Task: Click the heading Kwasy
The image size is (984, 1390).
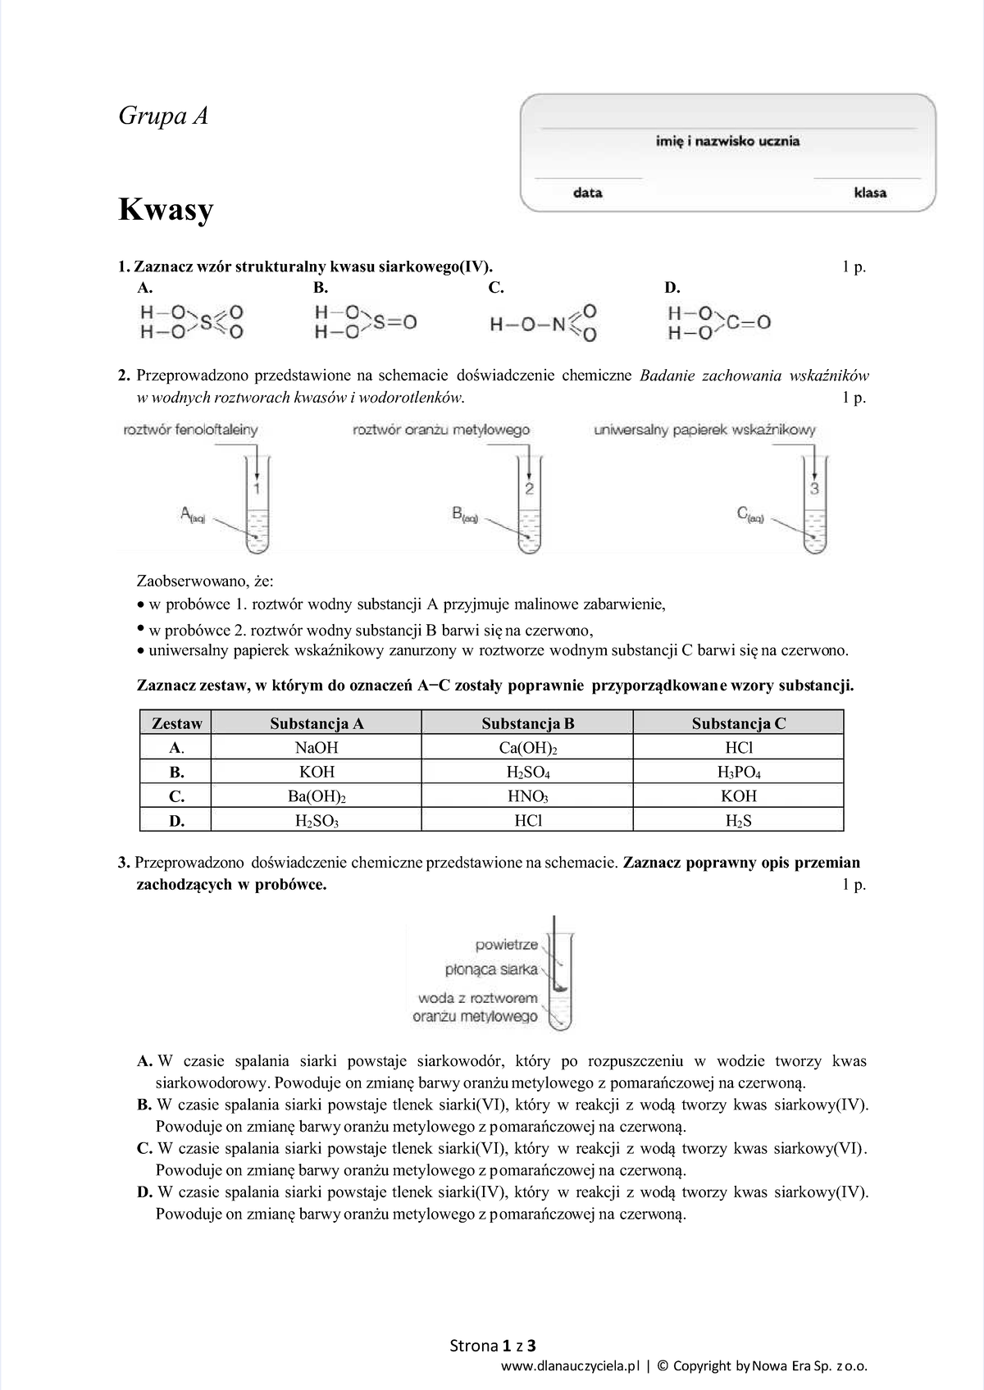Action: (x=166, y=210)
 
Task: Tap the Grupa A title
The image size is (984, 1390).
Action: (x=163, y=116)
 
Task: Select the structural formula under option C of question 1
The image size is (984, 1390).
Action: (x=543, y=323)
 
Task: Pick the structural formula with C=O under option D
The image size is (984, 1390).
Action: (x=719, y=323)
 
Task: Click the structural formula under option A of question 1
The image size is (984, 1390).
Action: (x=191, y=322)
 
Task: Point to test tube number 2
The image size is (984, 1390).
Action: (x=529, y=508)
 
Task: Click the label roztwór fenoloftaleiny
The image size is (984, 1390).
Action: (x=190, y=429)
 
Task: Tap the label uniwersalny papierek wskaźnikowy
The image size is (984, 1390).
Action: (x=704, y=429)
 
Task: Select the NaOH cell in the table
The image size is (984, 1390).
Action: (x=316, y=747)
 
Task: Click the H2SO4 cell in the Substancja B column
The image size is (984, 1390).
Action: (x=527, y=772)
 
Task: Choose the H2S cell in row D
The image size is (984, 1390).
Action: (x=738, y=820)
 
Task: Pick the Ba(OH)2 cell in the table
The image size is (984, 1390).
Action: (x=316, y=796)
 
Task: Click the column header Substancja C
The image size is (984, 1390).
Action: (x=738, y=723)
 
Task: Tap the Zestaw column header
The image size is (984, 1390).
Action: (x=176, y=723)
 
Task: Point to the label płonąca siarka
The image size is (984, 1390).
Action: (x=491, y=969)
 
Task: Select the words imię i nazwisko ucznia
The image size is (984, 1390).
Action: (x=727, y=141)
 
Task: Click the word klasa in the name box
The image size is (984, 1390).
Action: (x=870, y=193)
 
